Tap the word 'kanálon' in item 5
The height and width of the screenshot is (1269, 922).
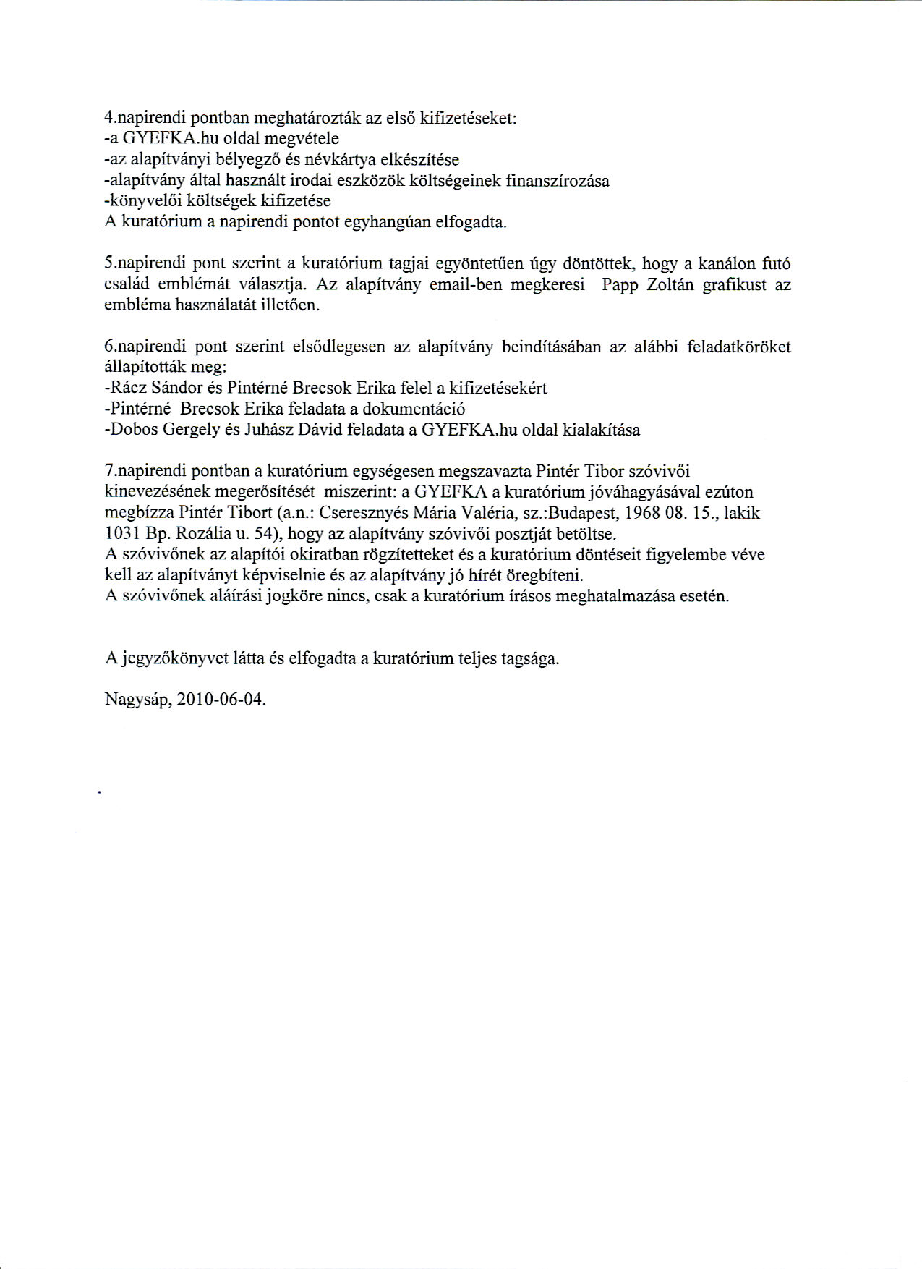723,263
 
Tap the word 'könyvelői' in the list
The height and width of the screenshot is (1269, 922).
141,200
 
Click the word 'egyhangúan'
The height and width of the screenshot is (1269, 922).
386,222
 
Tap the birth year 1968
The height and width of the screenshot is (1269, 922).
634,513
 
